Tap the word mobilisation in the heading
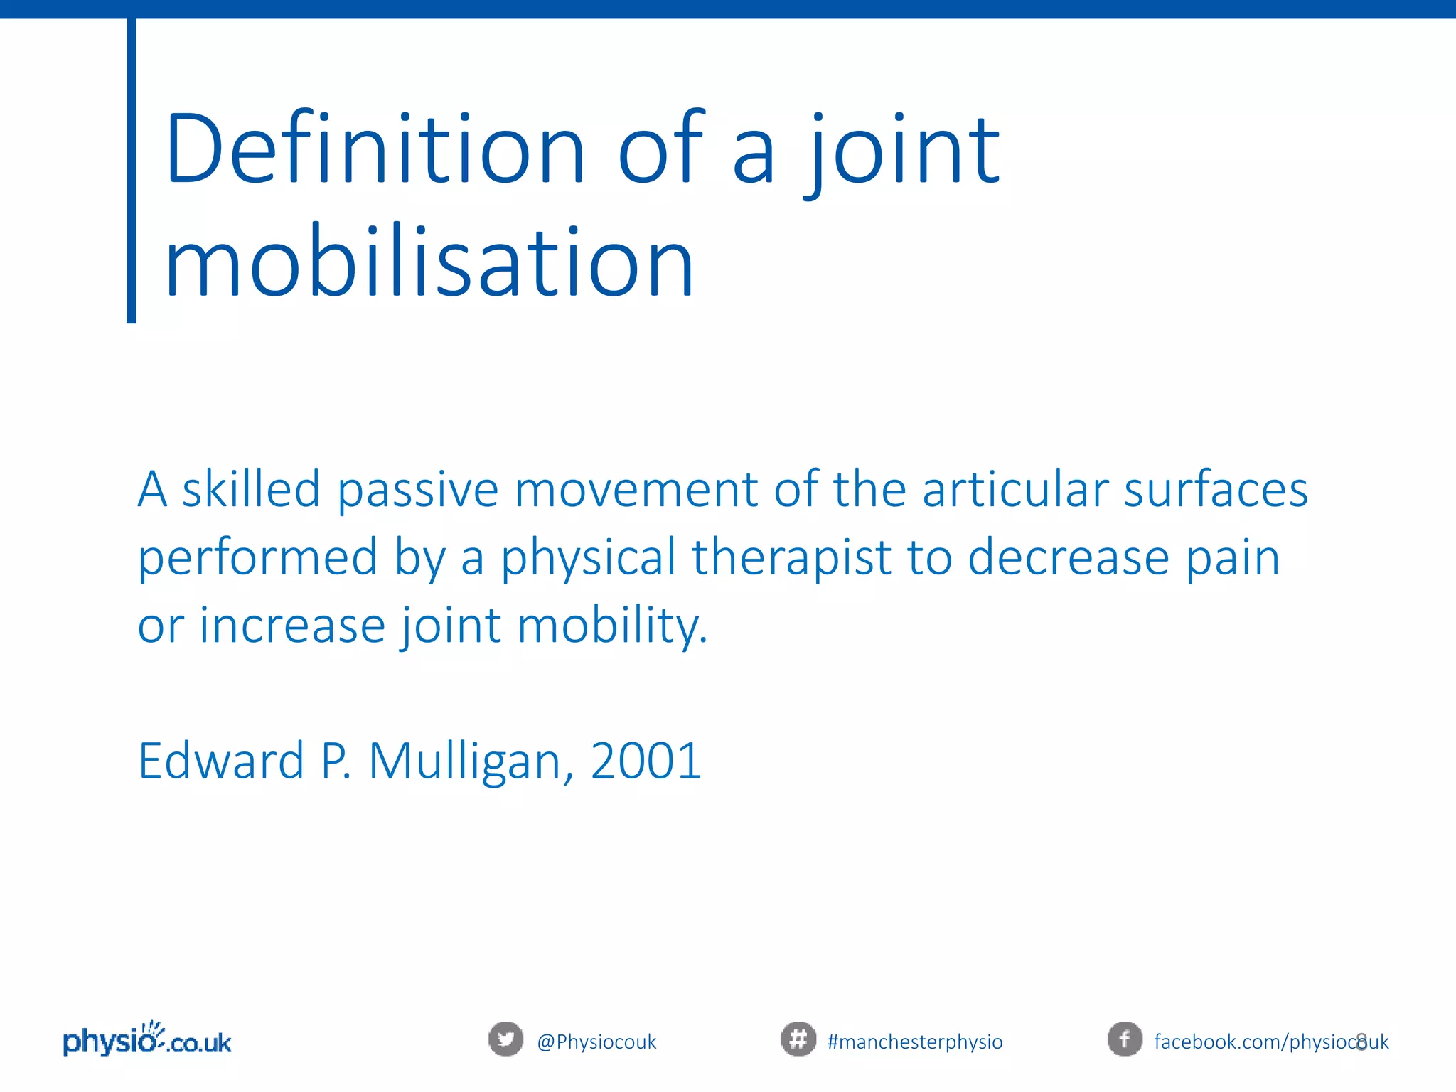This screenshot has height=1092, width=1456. coord(429,263)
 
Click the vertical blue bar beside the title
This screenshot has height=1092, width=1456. coord(132,171)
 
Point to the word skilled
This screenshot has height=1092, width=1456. coord(251,490)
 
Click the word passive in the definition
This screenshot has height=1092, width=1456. coord(418,490)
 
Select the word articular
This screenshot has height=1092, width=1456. coord(1015,490)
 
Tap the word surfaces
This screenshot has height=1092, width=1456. coord(1216,490)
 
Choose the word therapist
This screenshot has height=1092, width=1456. coord(791,557)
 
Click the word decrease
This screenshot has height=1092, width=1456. coord(1069,557)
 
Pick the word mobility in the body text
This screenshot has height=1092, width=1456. coord(612,626)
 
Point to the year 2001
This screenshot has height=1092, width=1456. coord(646,761)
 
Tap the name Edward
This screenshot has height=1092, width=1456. coord(221,761)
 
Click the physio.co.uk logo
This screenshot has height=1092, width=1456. coord(147,1041)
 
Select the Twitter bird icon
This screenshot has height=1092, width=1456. coord(505,1039)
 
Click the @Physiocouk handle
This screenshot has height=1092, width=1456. coord(596,1042)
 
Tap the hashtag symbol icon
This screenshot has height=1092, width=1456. coord(798,1039)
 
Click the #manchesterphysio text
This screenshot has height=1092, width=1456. coord(915,1042)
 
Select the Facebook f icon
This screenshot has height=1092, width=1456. coord(1125,1039)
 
